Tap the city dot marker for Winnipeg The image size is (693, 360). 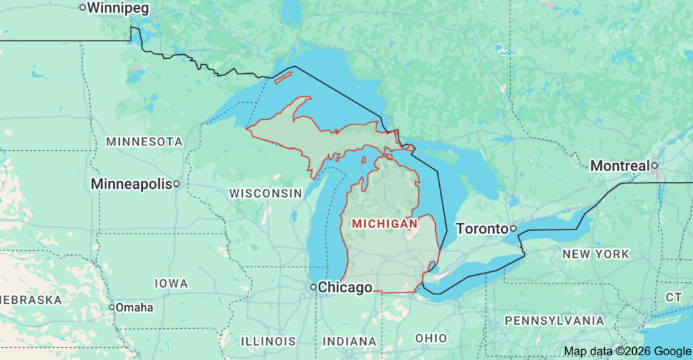coord(83,8)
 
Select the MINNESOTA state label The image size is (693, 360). coord(144,142)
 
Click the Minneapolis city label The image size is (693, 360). coord(131,184)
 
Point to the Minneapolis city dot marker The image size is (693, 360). coord(176,183)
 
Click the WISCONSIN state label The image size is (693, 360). coord(265,194)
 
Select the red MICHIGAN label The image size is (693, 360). coord(385,223)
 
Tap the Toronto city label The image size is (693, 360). coord(482,229)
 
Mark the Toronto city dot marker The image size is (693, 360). coord(514,229)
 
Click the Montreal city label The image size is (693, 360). coord(619,166)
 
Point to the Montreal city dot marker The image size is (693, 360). coord(654,165)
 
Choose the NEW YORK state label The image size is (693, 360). coord(596,254)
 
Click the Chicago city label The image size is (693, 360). coord(345,288)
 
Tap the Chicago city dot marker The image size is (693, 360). coord(313,288)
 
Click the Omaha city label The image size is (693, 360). coord(134,307)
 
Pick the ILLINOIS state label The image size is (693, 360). coord(268,341)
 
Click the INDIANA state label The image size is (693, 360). coord(350,341)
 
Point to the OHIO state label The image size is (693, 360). coord(431,338)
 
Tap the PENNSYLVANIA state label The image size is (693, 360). coord(555,320)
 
